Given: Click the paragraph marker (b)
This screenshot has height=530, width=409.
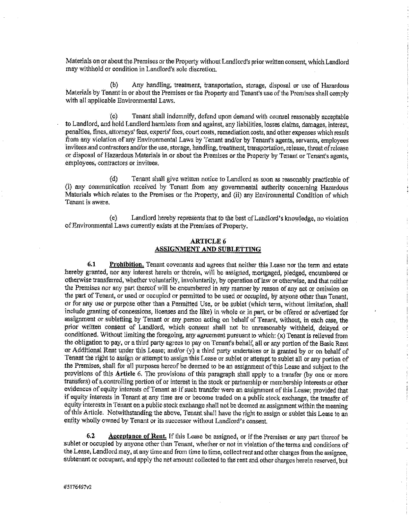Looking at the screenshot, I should coord(114,85).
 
